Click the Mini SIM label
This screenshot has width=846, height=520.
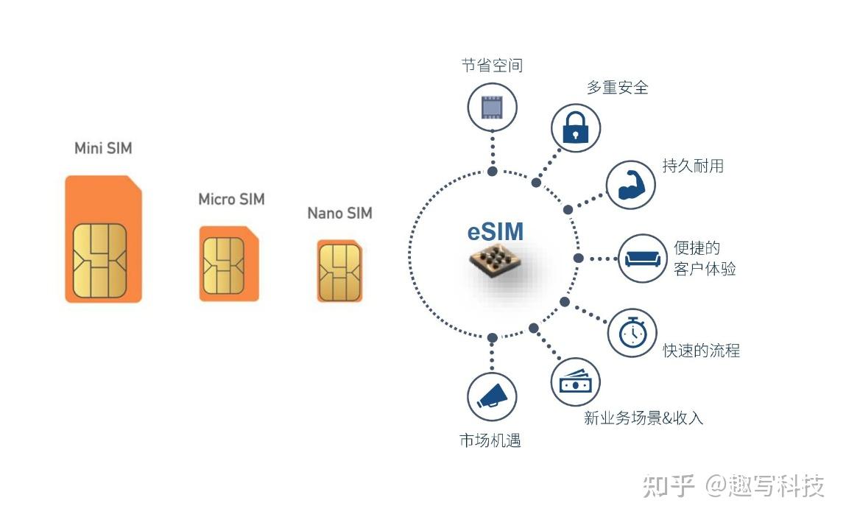tap(103, 148)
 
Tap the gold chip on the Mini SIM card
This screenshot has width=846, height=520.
tap(99, 261)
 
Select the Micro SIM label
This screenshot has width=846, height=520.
tap(231, 199)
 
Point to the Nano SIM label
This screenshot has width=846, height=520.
tap(339, 213)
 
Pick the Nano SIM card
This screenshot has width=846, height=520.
tap(339, 270)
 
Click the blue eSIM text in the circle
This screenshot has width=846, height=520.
tap(496, 231)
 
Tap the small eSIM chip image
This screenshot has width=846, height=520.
tap(495, 267)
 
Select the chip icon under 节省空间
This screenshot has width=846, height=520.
tap(492, 106)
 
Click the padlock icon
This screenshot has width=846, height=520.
tap(576, 127)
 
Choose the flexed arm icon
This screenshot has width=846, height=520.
tap(631, 184)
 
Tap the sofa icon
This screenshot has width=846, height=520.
tap(642, 259)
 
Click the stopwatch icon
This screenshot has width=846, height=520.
tap(632, 333)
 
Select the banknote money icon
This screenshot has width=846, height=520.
tap(576, 382)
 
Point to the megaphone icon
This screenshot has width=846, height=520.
tap(492, 396)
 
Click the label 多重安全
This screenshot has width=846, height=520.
tap(617, 87)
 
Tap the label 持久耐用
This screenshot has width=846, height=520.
tap(692, 166)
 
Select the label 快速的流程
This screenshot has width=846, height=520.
tap(701, 351)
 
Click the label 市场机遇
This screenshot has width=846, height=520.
tap(490, 440)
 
